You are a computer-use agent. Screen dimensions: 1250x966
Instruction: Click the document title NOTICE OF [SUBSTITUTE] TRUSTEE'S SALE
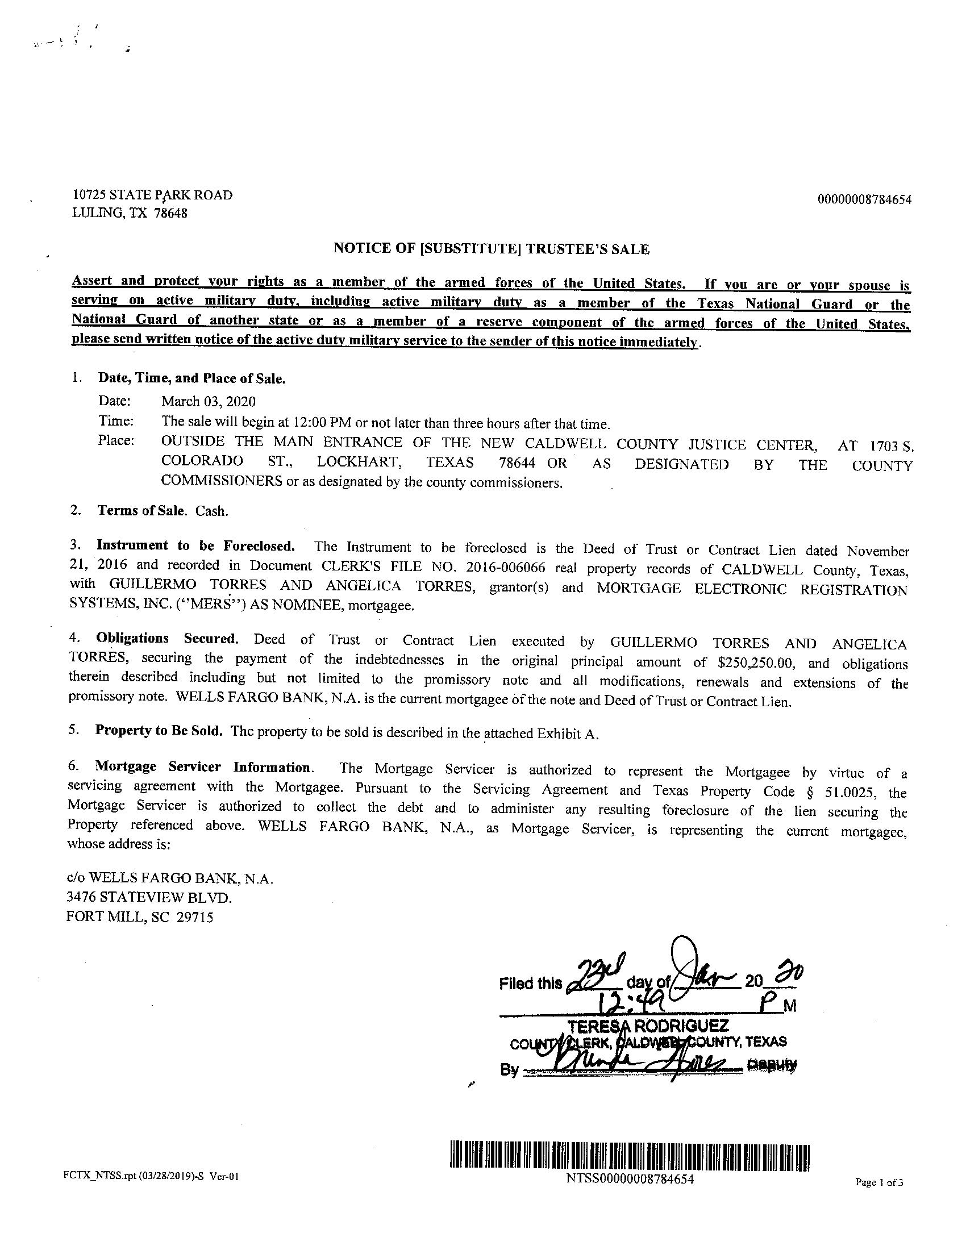492,249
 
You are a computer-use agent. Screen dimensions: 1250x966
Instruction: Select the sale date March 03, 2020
209,401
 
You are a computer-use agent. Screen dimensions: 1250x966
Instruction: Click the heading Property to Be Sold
158,731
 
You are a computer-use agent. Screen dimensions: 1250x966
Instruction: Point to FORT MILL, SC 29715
140,917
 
